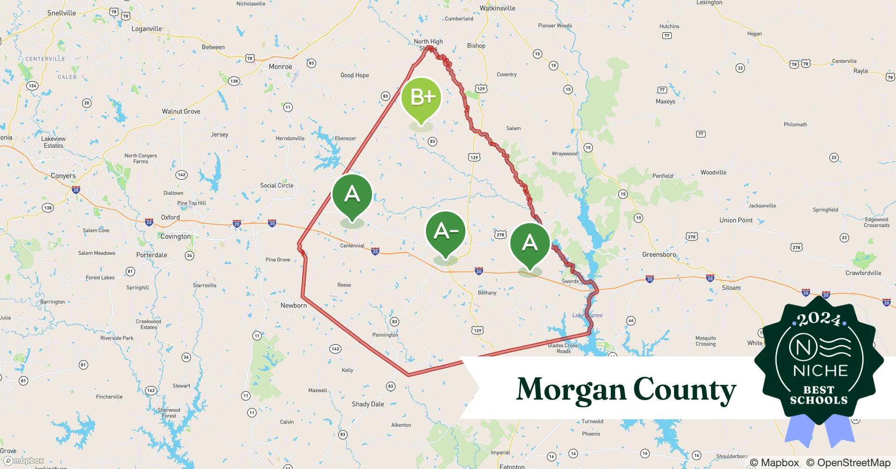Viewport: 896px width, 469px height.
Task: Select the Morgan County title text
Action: click(626, 390)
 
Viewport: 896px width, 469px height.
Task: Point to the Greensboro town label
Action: click(659, 255)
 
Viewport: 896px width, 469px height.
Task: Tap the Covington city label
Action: click(175, 236)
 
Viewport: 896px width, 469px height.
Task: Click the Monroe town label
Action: click(281, 67)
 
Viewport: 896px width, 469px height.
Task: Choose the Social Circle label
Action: click(277, 185)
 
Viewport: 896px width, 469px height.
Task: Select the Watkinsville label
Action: click(497, 8)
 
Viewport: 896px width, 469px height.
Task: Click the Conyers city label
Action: click(63, 176)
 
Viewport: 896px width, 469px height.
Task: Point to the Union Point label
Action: click(736, 220)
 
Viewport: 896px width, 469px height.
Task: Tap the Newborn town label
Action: click(294, 305)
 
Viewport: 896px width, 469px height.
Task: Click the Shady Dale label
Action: click(368, 404)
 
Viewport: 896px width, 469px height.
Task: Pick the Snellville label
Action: click(61, 13)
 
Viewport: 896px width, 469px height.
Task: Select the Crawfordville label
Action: click(863, 273)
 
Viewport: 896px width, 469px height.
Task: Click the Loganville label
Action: click(146, 29)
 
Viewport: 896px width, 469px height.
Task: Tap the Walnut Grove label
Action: click(181, 112)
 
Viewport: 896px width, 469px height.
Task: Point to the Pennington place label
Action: click(385, 335)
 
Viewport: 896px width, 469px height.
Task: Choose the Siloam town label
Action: click(731, 288)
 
